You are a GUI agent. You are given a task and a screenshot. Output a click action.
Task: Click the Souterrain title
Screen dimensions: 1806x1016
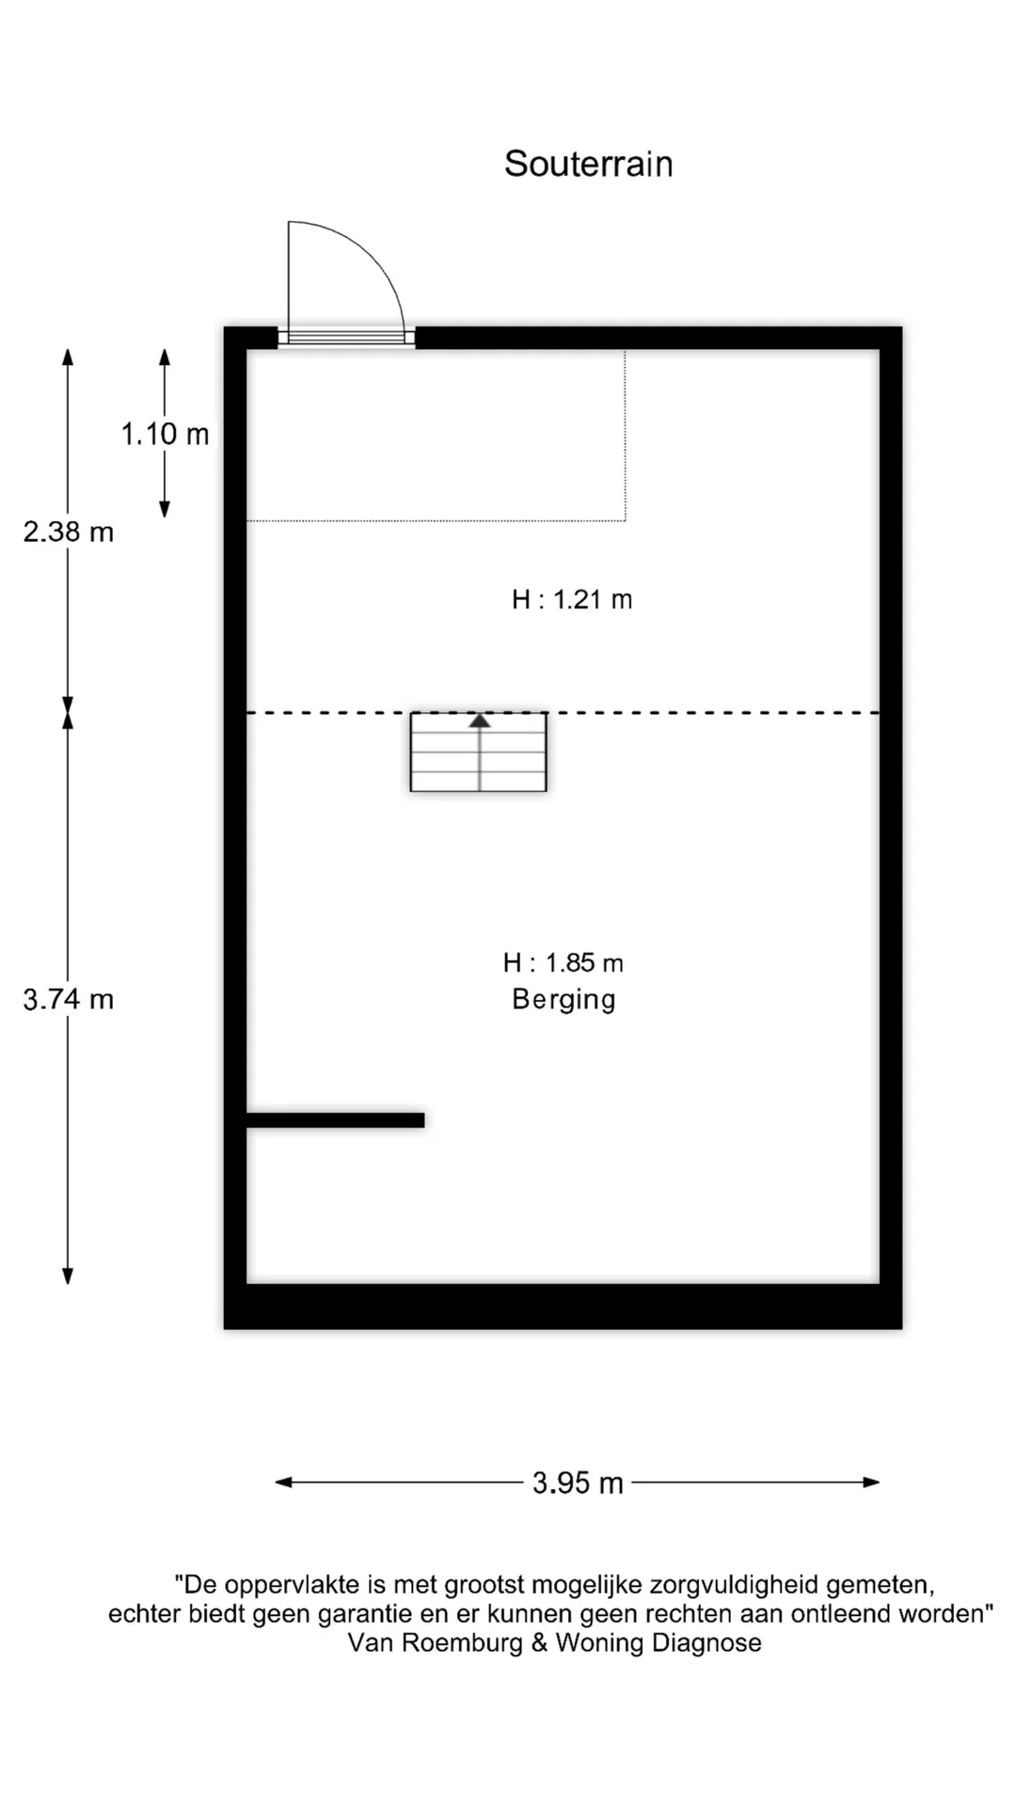pos(588,164)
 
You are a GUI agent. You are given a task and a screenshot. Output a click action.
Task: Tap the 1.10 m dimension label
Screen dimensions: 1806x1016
pos(165,434)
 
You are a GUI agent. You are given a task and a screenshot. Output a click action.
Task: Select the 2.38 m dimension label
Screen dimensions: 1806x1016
pos(68,531)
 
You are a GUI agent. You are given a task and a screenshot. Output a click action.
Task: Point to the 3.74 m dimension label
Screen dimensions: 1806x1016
pos(68,999)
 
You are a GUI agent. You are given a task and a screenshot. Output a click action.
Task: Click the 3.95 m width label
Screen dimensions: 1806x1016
pos(578,1483)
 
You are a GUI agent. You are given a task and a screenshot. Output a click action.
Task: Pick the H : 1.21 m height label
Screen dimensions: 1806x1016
pos(572,599)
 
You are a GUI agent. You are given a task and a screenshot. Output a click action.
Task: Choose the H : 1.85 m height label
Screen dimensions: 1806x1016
pos(563,962)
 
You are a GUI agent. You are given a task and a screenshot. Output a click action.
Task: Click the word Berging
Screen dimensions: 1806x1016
pos(564,999)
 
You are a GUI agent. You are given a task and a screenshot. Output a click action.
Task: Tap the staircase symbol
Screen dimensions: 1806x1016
pos(478,752)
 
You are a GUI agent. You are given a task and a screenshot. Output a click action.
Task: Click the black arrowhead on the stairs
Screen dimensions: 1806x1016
pos(480,721)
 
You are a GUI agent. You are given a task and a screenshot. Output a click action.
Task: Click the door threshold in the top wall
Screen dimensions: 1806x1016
pos(346,337)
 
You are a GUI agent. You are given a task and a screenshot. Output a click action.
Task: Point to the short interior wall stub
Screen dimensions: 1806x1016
pos(335,1119)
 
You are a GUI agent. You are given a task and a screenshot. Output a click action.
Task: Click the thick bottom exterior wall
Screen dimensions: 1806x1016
pos(563,1307)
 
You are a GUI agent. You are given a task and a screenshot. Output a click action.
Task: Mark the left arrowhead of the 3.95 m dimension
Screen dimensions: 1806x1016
pos(283,1482)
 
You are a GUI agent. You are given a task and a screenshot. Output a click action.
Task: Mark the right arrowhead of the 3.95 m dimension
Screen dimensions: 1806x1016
pos(872,1482)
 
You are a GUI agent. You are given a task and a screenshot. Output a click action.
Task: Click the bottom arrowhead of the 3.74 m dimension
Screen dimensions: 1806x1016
pos(68,1275)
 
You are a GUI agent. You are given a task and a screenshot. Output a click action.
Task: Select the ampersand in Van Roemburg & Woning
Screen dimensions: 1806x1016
pos(539,1642)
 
